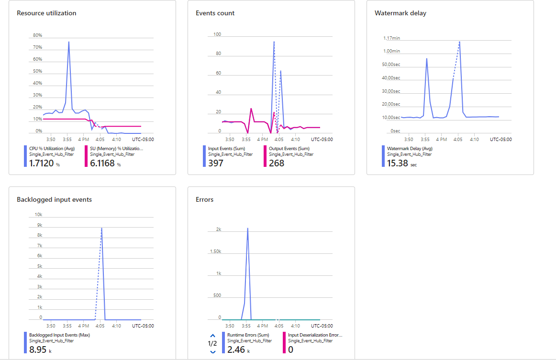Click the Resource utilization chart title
click(x=46, y=13)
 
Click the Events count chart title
click(x=215, y=13)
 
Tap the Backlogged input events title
click(x=54, y=199)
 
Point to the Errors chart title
click(x=205, y=199)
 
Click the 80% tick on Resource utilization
click(x=37, y=35)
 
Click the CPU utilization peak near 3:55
click(x=69, y=42)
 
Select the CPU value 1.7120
click(x=41, y=163)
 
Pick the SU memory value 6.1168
click(x=102, y=163)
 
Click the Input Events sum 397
click(x=215, y=163)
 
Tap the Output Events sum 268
click(x=277, y=163)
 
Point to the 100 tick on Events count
click(x=217, y=34)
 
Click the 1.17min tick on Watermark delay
click(x=391, y=38)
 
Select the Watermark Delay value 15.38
click(x=398, y=163)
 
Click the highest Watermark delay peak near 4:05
click(x=459, y=42)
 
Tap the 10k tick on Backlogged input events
click(x=39, y=215)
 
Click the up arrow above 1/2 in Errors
click(x=213, y=335)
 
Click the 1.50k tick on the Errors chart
click(x=215, y=251)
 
